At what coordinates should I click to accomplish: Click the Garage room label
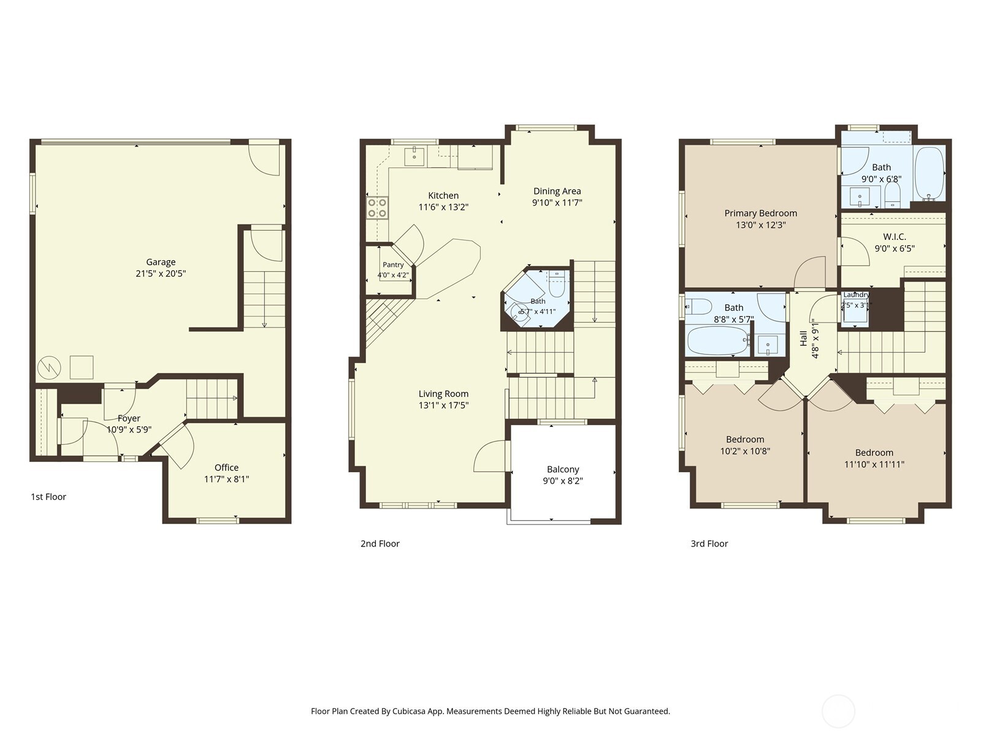point(161,262)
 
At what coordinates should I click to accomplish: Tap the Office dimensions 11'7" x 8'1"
point(226,479)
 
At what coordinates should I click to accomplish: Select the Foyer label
point(129,418)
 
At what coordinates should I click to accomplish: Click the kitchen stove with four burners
point(377,208)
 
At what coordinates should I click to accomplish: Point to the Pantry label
point(393,264)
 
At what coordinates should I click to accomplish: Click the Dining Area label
point(557,191)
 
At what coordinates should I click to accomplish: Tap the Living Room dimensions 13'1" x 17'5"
point(443,405)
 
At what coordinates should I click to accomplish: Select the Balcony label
point(563,469)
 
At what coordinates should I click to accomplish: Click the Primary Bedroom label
point(761,213)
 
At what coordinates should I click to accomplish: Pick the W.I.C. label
point(895,237)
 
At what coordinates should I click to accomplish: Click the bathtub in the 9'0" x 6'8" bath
point(929,174)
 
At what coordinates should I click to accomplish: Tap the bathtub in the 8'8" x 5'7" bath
point(718,340)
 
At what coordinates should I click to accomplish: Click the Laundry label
point(856,294)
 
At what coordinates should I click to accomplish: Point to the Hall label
point(804,339)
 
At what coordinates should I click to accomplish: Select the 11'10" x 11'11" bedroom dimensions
point(874,464)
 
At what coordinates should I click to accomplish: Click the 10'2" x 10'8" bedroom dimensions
point(744,451)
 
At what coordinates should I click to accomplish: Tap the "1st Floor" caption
point(48,496)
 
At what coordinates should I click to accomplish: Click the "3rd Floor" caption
point(709,543)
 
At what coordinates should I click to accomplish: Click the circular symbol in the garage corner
point(49,367)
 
